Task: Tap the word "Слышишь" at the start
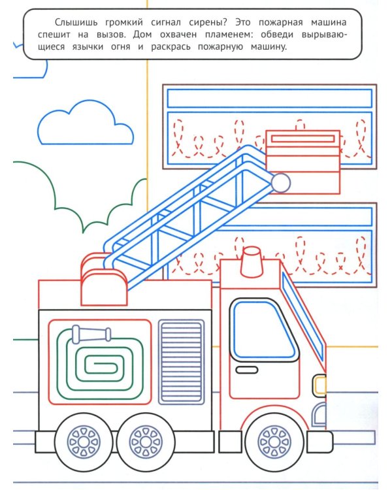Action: pos(76,23)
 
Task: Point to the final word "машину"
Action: pos(269,47)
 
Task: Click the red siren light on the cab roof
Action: pos(252,262)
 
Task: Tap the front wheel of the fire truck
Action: pos(274,442)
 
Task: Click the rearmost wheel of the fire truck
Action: pos(84,442)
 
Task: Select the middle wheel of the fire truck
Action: pos(145,442)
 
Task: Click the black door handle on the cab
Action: pos(247,370)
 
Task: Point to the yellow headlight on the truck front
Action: pos(319,385)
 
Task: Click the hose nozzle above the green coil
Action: pos(91,334)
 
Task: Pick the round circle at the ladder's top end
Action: pos(280,183)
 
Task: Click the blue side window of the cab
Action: pos(263,331)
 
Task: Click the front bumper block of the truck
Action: pos(319,442)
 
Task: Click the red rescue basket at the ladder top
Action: pos(302,161)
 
